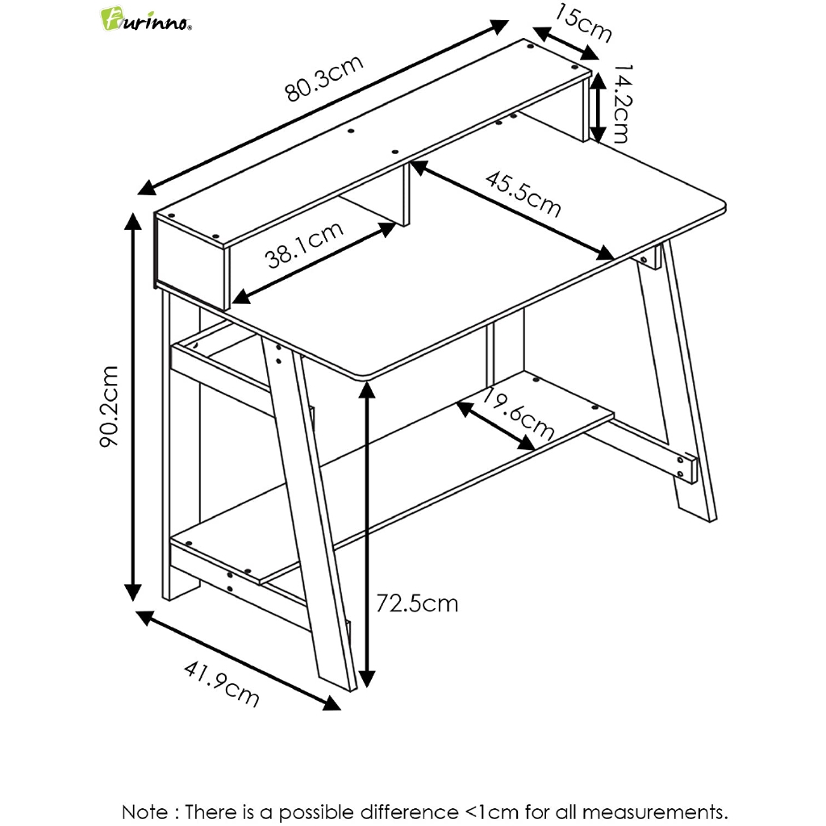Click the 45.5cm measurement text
coord(523,194)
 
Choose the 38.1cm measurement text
coord(305,244)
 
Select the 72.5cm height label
coord(418,603)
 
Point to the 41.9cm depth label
coord(222,683)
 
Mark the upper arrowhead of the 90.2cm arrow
coord(132,221)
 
